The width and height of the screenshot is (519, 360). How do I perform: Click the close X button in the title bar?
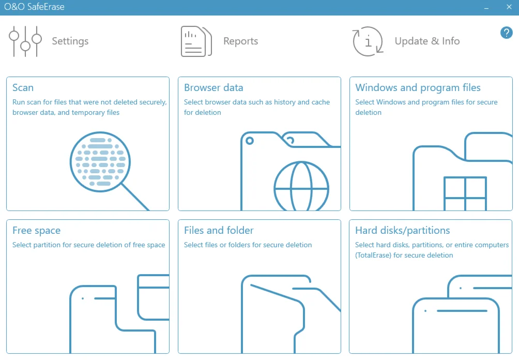(x=509, y=7)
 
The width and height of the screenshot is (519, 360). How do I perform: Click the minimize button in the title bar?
(x=486, y=8)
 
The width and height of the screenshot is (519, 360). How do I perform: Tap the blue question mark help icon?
(x=507, y=33)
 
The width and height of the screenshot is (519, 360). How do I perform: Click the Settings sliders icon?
(x=25, y=41)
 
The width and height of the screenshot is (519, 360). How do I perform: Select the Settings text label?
(x=70, y=41)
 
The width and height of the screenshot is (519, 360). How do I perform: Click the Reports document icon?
(x=196, y=41)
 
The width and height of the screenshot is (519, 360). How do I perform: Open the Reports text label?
(x=241, y=41)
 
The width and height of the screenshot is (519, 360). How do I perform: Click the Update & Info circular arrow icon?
(x=368, y=41)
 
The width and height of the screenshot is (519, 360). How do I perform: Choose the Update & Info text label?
(x=427, y=41)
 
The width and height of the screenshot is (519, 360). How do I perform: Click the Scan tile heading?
(x=23, y=87)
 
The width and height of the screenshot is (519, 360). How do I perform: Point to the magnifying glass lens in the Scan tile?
(x=100, y=162)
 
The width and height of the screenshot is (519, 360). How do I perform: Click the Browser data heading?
(x=213, y=87)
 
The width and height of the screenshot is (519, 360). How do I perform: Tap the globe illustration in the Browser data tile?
(x=301, y=186)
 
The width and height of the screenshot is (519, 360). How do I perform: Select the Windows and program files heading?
(x=418, y=87)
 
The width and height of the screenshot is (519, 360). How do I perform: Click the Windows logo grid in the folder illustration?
(x=465, y=193)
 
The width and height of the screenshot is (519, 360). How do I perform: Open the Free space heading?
(x=36, y=231)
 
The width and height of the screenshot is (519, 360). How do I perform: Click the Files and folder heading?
(x=219, y=230)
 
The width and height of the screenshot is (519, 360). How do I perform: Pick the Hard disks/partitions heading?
(x=403, y=231)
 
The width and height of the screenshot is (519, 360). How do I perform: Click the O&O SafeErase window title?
(x=34, y=7)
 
